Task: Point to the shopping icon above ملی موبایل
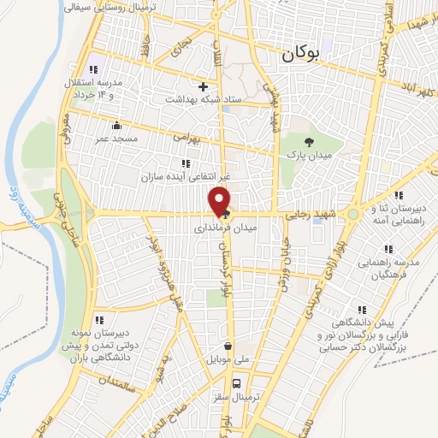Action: point(228,346)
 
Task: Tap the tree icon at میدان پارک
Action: point(309,140)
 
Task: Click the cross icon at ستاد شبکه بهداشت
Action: point(203,86)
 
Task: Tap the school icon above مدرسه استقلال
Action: point(93,68)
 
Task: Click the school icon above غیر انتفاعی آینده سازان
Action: point(185,163)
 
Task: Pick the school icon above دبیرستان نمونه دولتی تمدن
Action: point(99,320)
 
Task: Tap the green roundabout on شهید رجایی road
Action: point(352,213)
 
